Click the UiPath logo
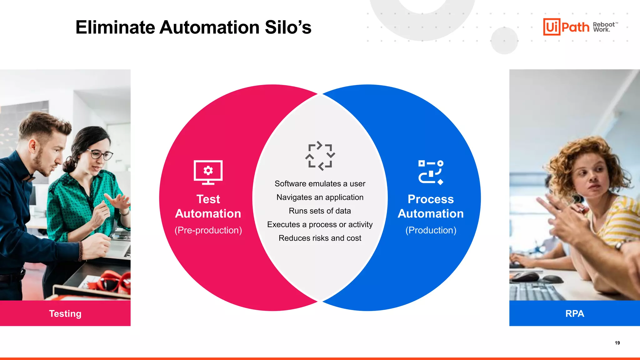566,27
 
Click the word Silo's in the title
288,27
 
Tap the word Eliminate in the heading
115,27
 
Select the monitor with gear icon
208,172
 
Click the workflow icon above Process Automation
431,172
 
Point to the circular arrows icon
320,156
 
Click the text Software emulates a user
320,184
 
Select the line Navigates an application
320,197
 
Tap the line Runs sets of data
320,211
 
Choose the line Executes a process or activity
320,224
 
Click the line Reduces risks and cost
320,238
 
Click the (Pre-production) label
208,230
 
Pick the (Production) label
431,230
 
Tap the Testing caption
65,313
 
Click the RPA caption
574,313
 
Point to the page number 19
617,343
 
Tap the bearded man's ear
32,145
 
